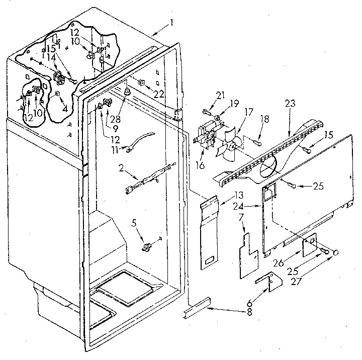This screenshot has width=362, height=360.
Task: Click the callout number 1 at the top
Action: click(171, 22)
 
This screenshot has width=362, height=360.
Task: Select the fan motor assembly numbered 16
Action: click(205, 137)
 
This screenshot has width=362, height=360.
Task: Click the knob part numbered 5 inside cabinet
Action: click(148, 246)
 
